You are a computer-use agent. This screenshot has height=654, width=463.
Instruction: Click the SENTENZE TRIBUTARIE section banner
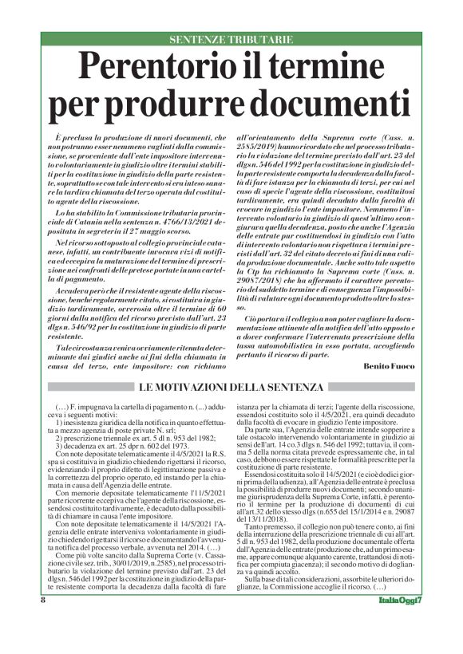coord(231,40)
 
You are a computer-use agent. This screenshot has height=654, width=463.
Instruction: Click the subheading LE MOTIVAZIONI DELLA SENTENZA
coord(231,387)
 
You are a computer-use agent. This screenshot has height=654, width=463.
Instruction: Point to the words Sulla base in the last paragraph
coord(267,598)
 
